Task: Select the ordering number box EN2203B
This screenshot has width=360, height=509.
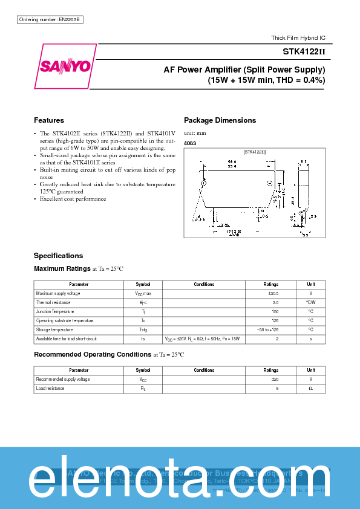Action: point(50,20)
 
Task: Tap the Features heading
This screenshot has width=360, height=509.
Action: point(48,120)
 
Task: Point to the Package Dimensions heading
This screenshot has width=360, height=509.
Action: point(220,120)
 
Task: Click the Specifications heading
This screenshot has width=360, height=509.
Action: point(58,256)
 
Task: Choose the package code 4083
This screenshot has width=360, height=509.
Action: point(190,143)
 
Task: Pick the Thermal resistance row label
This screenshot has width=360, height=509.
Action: point(53,302)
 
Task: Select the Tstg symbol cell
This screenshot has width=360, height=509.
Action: point(143,329)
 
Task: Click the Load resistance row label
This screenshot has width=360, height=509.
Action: point(50,388)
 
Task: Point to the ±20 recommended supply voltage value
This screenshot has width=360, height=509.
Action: point(274,379)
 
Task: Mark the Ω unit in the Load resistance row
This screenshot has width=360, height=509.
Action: point(310,388)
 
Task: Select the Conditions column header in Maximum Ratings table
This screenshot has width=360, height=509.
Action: point(204,284)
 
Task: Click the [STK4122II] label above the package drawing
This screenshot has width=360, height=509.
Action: point(255,152)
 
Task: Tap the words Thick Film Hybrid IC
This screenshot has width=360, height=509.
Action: point(298,38)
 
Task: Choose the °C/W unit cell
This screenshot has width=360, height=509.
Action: point(310,302)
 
